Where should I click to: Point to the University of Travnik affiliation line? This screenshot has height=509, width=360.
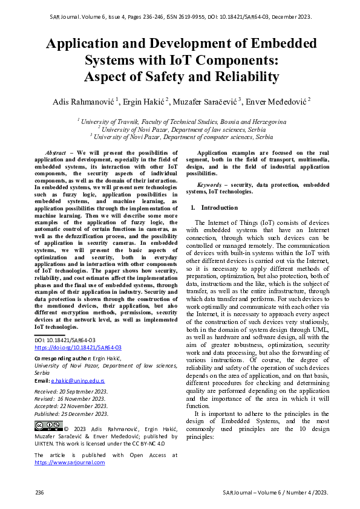[181, 122]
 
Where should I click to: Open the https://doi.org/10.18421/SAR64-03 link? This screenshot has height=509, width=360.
[78, 348]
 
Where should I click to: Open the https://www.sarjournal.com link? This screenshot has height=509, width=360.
[70, 462]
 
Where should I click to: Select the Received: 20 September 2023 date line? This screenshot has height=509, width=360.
[71, 392]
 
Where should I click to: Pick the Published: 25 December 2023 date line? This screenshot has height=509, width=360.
[71, 413]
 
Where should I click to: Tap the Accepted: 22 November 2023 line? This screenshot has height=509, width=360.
[70, 406]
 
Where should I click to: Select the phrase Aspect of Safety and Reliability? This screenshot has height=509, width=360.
[181, 77]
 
